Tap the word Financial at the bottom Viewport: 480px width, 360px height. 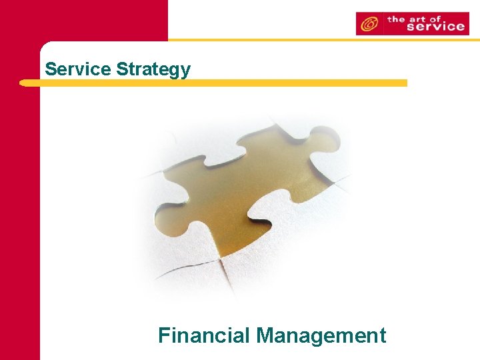click(x=204, y=335)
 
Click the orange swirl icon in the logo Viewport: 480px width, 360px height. click(x=368, y=24)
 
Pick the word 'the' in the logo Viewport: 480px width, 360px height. click(x=397, y=19)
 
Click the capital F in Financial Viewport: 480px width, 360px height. click(x=164, y=335)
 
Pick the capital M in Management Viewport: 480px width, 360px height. click(x=265, y=335)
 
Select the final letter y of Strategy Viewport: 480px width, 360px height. click(x=185, y=71)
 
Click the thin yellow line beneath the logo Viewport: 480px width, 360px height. click(x=320, y=40)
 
